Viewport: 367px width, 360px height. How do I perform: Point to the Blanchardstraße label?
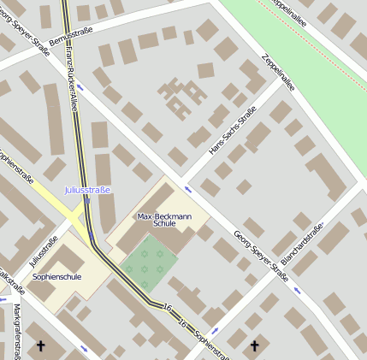pos(306,248)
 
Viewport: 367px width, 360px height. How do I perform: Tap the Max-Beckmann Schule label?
pos(157,220)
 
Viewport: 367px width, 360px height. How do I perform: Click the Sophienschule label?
pos(56,277)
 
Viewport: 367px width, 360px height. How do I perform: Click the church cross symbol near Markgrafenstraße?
pos(40,346)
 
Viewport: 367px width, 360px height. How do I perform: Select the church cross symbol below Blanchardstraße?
pos(253,345)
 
